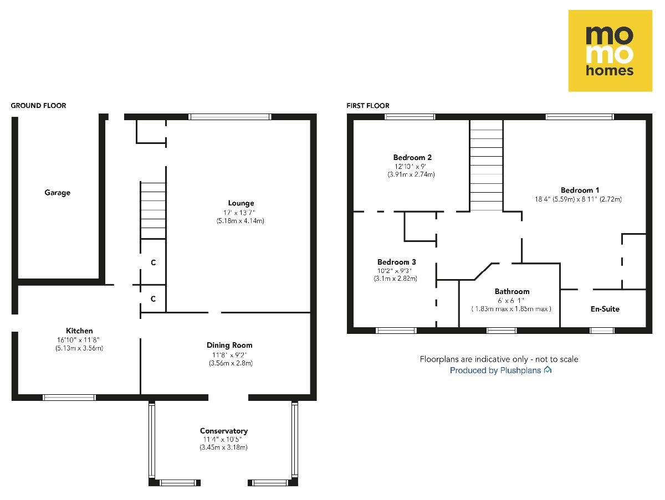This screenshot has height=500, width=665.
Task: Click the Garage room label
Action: pos(58,193)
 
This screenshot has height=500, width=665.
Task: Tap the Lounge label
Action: pos(241,203)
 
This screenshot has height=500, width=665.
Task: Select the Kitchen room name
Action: pos(79,331)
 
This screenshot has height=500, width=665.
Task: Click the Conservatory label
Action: pos(224,431)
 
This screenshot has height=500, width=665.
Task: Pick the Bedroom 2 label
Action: pos(412,157)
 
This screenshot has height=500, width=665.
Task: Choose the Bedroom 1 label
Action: pos(580,190)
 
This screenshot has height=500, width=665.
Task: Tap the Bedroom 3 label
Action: pos(396,262)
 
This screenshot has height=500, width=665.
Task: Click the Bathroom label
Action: pos(511,291)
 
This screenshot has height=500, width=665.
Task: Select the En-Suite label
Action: pos(605,309)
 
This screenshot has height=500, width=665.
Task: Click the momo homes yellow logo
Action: pos(610,50)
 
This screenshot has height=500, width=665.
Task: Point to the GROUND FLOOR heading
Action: pos(39,105)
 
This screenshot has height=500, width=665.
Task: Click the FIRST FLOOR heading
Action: pos(368,105)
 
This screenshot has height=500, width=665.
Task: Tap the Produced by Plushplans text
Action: pos(500,370)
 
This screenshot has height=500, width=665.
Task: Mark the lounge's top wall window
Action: pos(229,117)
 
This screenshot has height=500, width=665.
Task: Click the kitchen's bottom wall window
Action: pos(69,397)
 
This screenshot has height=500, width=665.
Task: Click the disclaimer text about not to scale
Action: pos(499,359)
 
